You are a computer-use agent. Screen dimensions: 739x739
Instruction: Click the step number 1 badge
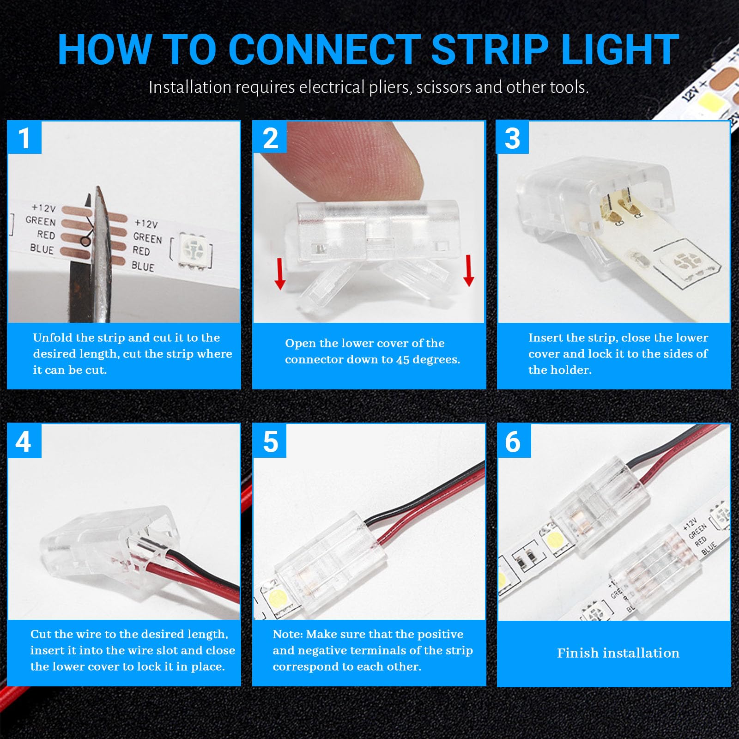[x=24, y=137]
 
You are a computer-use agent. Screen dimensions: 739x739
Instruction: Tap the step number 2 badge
[x=270, y=137]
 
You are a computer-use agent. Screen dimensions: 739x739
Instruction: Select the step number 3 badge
[x=512, y=137]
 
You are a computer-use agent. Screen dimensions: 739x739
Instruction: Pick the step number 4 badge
[x=24, y=442]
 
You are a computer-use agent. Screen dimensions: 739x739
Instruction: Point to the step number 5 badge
[x=270, y=442]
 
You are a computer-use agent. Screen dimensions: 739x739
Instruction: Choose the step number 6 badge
[x=514, y=442]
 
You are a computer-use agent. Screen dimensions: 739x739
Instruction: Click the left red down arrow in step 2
[x=279, y=273]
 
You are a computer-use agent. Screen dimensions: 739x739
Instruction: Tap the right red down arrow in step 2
[x=468, y=270]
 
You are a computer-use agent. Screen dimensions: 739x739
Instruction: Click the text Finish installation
[x=618, y=653]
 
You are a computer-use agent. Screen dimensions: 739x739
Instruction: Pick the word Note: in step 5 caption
[x=288, y=634]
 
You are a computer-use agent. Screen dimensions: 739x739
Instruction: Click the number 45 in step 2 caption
[x=403, y=360]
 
